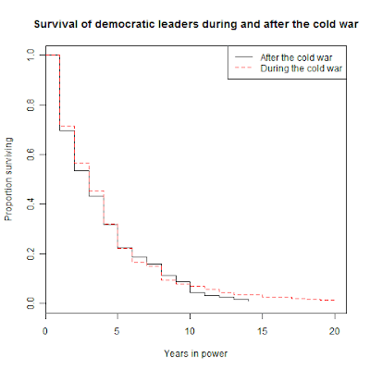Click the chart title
(x=196, y=24)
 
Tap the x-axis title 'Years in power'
(x=196, y=353)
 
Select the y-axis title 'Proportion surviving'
(x=8, y=179)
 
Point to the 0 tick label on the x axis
(x=45, y=331)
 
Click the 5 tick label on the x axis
(x=117, y=331)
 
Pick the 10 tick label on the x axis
(x=190, y=331)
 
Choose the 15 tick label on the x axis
(x=262, y=331)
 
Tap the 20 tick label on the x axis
(x=335, y=331)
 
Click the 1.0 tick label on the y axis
(x=31, y=55)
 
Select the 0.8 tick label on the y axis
(x=31, y=105)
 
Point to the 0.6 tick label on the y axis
(x=31, y=154)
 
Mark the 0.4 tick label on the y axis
(x=31, y=204)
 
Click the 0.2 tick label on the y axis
(x=31, y=253)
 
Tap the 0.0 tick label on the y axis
(x=31, y=303)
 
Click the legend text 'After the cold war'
(x=296, y=57)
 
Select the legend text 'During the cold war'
(x=302, y=68)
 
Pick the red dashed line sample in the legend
(x=243, y=68)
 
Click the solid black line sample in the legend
(x=243, y=57)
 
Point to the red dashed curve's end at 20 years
(x=335, y=300)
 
